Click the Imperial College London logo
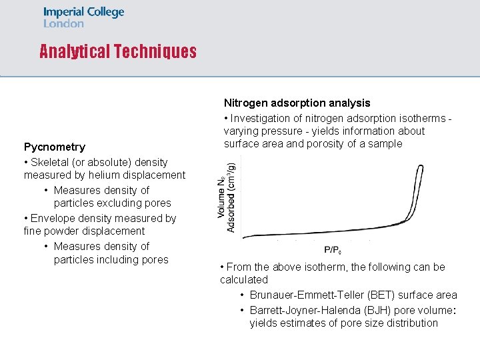click(x=83, y=17)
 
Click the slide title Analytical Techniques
click(x=118, y=52)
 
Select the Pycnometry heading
click(x=55, y=147)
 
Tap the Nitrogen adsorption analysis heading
click(x=297, y=103)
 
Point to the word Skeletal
click(x=51, y=162)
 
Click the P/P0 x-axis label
click(x=333, y=250)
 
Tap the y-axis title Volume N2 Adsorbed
click(x=226, y=197)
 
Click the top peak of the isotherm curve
click(x=419, y=166)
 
